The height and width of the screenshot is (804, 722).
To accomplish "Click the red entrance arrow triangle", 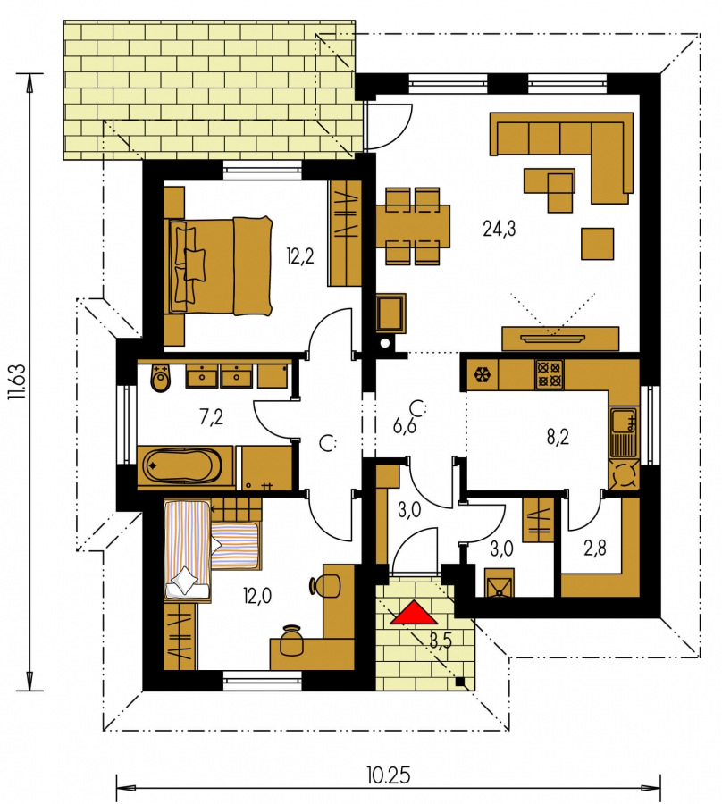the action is tap(411, 613).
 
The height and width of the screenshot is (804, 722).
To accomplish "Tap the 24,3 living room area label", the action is tap(499, 230).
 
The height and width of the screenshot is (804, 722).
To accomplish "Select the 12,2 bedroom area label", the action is tap(300, 255).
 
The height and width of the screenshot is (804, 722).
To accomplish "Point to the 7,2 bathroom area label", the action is tap(211, 417).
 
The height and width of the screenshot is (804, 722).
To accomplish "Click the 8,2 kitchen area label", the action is tap(558, 438).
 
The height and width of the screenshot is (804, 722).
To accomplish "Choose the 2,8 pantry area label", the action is tap(595, 549).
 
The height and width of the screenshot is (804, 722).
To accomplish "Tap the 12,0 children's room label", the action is tap(257, 596).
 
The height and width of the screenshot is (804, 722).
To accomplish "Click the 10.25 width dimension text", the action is tap(389, 775).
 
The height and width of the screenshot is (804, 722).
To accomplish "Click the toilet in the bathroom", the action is tap(161, 379).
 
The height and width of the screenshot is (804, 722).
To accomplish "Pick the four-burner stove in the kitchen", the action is tap(550, 374).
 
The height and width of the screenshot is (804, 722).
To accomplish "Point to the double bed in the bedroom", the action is tap(220, 265).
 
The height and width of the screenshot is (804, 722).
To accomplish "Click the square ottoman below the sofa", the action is tap(598, 244).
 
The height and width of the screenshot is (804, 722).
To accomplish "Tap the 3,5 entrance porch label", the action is tap(441, 641).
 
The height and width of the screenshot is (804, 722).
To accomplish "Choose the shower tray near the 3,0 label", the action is tap(499, 582).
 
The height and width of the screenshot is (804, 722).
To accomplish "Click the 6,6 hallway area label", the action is tap(405, 425).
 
